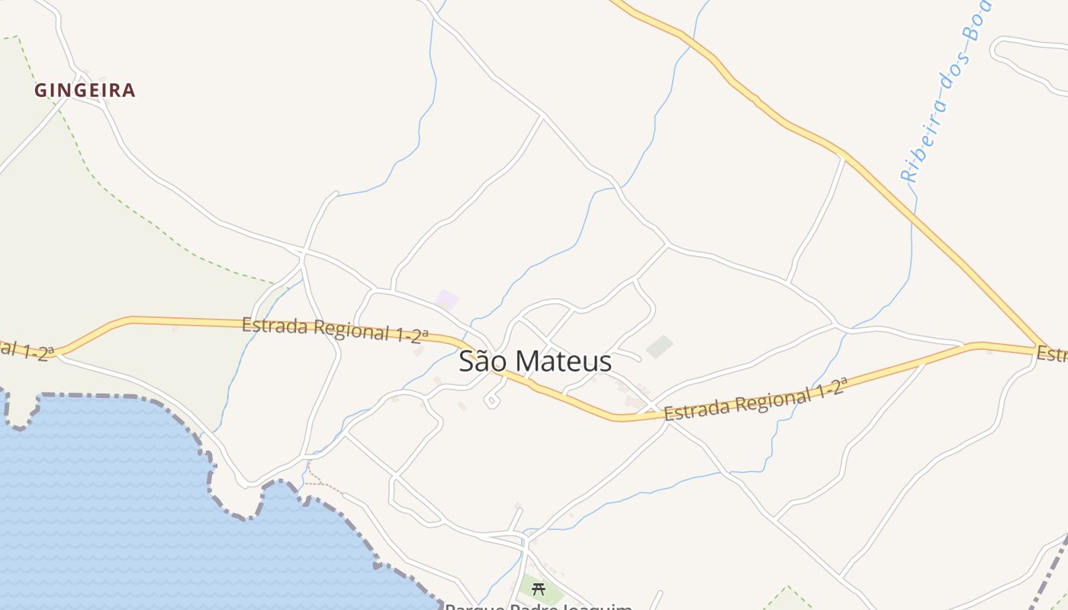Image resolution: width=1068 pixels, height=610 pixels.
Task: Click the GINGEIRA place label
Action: coord(85,91)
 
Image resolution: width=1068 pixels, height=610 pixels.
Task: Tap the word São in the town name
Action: coord(482,361)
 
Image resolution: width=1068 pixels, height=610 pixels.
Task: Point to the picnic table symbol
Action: coord(539,589)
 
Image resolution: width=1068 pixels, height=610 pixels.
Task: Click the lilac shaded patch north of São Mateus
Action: coord(447,300)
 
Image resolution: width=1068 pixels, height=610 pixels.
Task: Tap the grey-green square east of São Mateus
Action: coord(659,347)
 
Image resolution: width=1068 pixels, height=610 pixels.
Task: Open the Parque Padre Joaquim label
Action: coord(539,606)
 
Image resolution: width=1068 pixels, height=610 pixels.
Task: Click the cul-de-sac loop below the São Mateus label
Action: coord(493,400)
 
